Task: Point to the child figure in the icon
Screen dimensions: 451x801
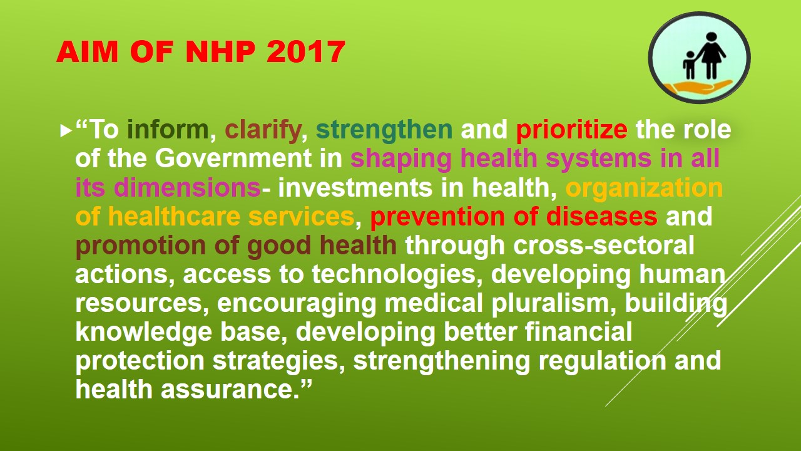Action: pyautogui.click(x=689, y=65)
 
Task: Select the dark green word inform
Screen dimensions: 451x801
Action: pyautogui.click(x=168, y=130)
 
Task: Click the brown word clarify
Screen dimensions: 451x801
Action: pyautogui.click(x=263, y=130)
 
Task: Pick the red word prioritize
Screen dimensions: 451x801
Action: pyautogui.click(x=571, y=130)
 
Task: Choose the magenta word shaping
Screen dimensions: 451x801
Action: pyautogui.click(x=401, y=159)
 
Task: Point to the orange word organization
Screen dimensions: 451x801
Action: pyautogui.click(x=644, y=188)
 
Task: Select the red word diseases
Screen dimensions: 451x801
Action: pyautogui.click(x=601, y=217)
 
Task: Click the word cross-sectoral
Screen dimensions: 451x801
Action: pyautogui.click(x=603, y=246)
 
